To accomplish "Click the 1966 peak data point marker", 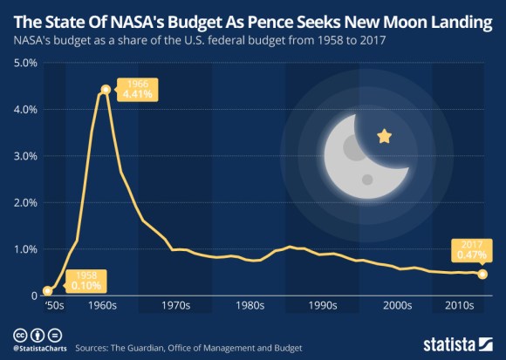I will coord(106,89).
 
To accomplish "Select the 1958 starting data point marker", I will coord(47,291).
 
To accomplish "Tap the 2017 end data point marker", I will coord(482,274).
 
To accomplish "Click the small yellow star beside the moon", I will coord(383,136).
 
